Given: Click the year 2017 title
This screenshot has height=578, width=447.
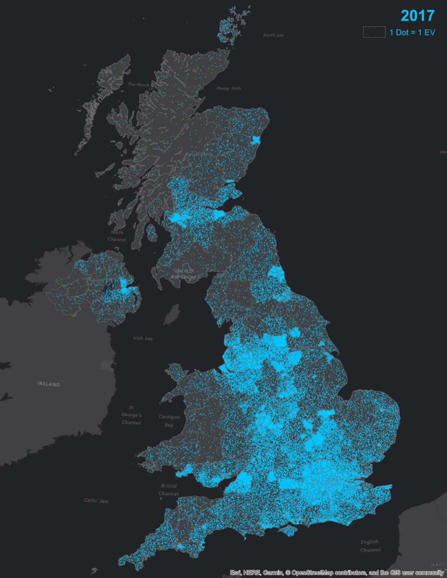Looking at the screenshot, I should click(417, 16).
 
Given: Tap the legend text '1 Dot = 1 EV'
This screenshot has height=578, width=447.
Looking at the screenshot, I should click(412, 33).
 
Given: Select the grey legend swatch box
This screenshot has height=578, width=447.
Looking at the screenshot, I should click(374, 32).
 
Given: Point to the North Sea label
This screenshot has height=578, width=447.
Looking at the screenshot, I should click(273, 35).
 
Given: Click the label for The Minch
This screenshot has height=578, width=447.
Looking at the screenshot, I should click(138, 84).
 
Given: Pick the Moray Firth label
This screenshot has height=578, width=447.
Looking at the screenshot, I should click(228, 89).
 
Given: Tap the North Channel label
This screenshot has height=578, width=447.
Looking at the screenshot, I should click(117, 236).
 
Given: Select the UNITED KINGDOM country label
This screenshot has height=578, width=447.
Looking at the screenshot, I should click(184, 274).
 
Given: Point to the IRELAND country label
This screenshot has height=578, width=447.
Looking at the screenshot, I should click(49, 384).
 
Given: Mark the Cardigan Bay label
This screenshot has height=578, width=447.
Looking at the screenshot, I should click(170, 421).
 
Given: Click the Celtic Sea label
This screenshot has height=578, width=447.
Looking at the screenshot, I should click(96, 500).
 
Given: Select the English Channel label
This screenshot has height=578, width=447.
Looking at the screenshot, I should click(370, 546).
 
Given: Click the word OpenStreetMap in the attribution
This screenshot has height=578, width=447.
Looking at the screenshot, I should click(313, 573).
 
